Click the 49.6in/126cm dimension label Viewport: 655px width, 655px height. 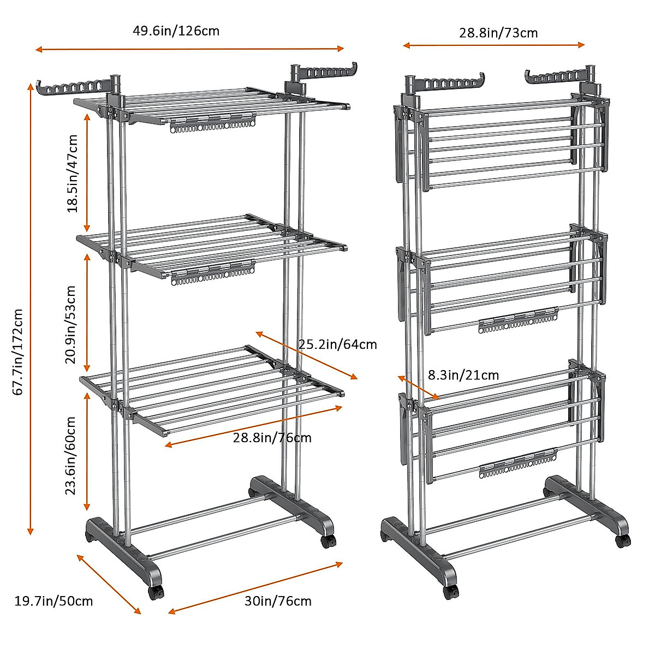(176, 31)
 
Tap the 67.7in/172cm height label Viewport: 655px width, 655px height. (18, 352)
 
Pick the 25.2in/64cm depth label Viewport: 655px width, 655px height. (337, 344)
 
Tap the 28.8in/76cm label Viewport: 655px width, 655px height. (272, 437)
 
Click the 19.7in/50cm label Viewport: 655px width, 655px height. (53, 602)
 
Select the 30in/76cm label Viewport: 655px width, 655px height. (278, 601)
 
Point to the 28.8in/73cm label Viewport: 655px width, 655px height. (498, 33)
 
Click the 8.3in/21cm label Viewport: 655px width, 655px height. (463, 375)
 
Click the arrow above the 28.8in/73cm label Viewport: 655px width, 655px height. (493, 45)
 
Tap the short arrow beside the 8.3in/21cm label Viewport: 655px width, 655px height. (418, 388)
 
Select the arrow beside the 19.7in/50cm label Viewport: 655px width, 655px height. (109, 583)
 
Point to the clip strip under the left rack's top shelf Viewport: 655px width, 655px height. (213, 125)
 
